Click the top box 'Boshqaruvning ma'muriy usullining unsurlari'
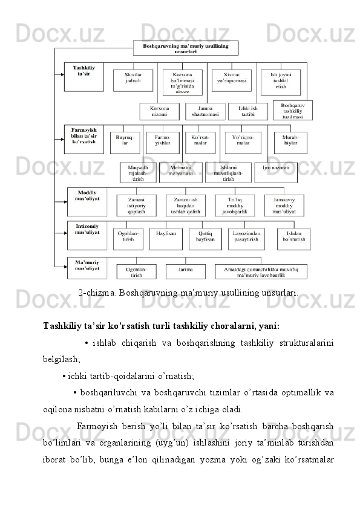[185, 48]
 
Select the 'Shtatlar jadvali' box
[133, 80]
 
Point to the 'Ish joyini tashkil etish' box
[280, 80]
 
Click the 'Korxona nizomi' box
[159, 112]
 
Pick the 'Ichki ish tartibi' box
[247, 112]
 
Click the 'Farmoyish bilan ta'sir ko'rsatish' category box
[83, 138]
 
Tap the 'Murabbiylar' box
[290, 143]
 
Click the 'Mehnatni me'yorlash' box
[180, 172]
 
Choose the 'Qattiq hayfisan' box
[205, 239]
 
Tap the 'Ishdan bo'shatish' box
[293, 239]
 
